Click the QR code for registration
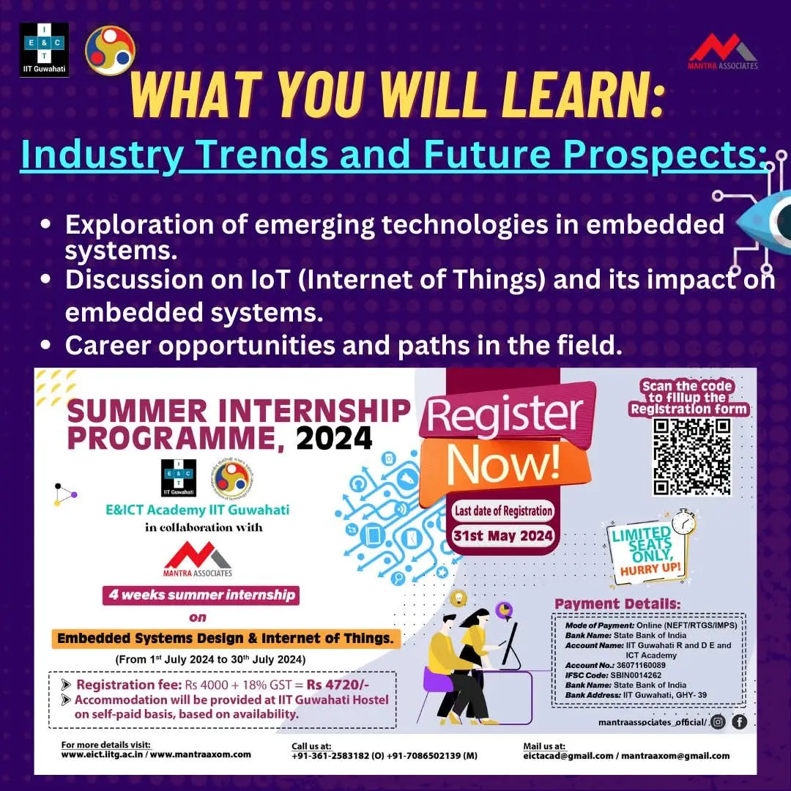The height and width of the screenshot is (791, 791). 692,456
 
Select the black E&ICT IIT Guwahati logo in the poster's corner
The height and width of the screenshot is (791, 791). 44,50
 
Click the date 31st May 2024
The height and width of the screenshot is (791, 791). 503,535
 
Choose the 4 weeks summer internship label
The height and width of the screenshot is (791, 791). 202,595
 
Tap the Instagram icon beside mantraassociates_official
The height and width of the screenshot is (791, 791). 718,723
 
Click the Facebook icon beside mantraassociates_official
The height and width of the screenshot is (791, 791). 739,723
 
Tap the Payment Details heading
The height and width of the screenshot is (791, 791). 617,604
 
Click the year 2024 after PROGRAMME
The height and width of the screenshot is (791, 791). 334,439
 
